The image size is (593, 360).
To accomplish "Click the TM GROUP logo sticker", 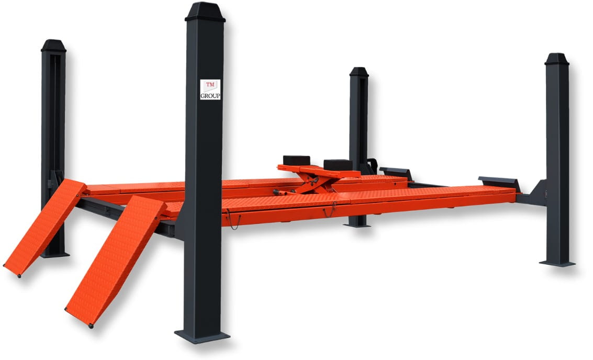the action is point(210,89).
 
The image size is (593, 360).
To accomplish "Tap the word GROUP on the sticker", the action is point(210,96).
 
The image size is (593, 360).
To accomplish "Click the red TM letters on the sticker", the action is point(210,84).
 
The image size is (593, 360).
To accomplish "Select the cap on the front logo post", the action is point(205,12).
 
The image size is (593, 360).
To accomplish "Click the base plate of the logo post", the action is point(202,336).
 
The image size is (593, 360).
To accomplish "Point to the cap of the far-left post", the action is point(53,46).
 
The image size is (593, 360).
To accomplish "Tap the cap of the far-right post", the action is point(557,59).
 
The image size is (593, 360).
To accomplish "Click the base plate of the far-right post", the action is point(557,263).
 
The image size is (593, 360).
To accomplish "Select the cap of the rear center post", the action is point(359,72).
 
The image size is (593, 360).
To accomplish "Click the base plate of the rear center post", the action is point(357,226).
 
